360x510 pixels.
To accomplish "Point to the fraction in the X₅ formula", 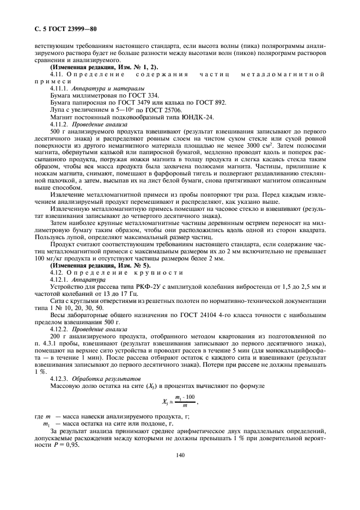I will tap(181, 402).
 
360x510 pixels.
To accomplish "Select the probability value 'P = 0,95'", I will tap(69, 445).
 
